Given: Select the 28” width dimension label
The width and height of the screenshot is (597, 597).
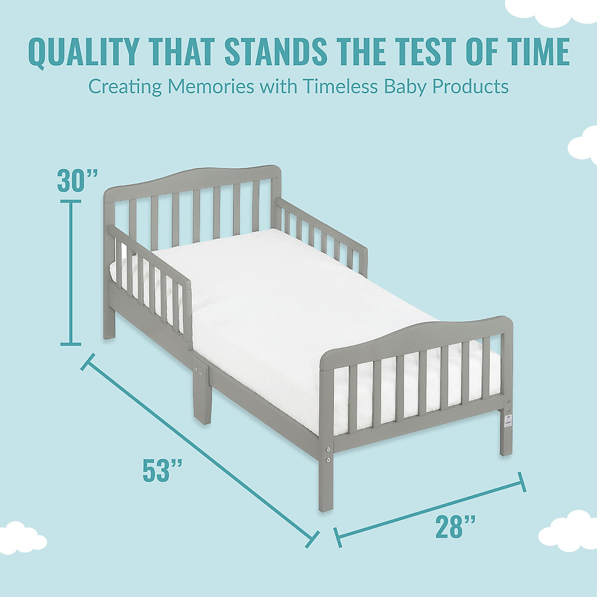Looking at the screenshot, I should coord(455,527).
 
